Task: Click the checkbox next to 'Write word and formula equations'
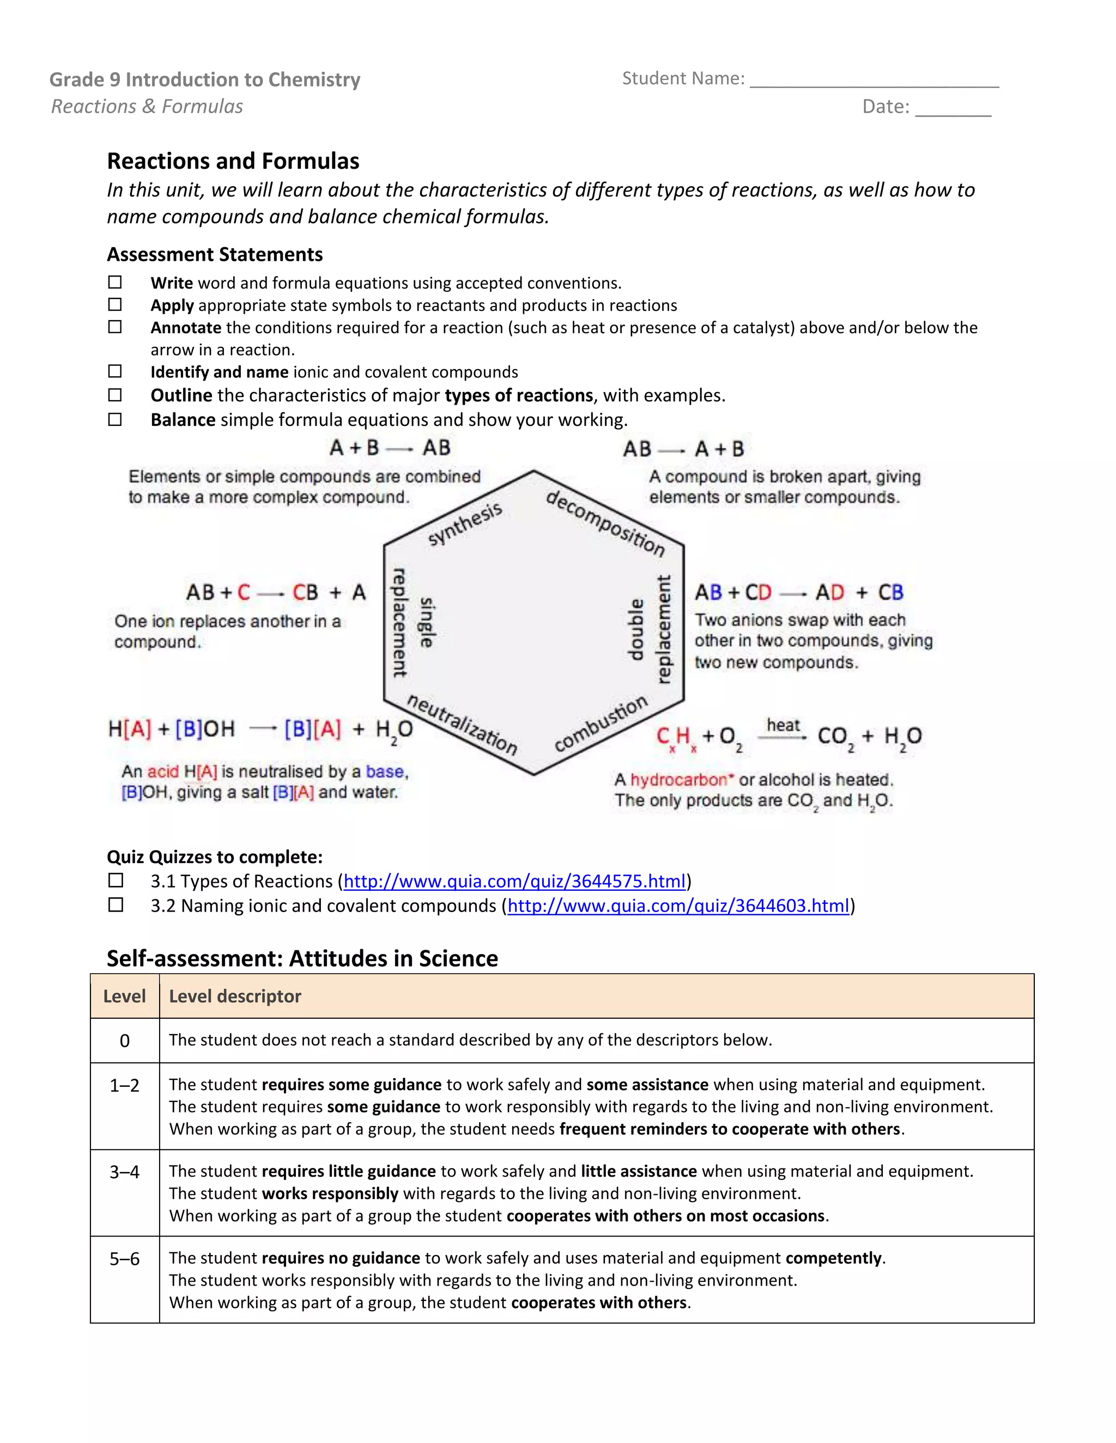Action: [x=115, y=283]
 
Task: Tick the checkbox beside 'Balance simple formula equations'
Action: [x=115, y=419]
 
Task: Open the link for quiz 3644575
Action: [x=514, y=882]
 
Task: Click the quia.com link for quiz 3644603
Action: [x=678, y=906]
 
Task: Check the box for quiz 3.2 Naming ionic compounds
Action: [x=116, y=905]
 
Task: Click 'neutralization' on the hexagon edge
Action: [x=462, y=724]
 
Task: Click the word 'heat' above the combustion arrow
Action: [x=783, y=725]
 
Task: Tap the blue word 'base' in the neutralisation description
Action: [x=385, y=771]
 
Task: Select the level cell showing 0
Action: [x=124, y=1041]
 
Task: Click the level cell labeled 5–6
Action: [x=124, y=1258]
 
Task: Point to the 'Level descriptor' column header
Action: [x=235, y=996]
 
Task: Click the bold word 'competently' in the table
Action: [x=833, y=1258]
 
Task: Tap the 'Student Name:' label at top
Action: [x=683, y=78]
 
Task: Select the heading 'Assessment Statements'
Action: [x=215, y=254]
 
